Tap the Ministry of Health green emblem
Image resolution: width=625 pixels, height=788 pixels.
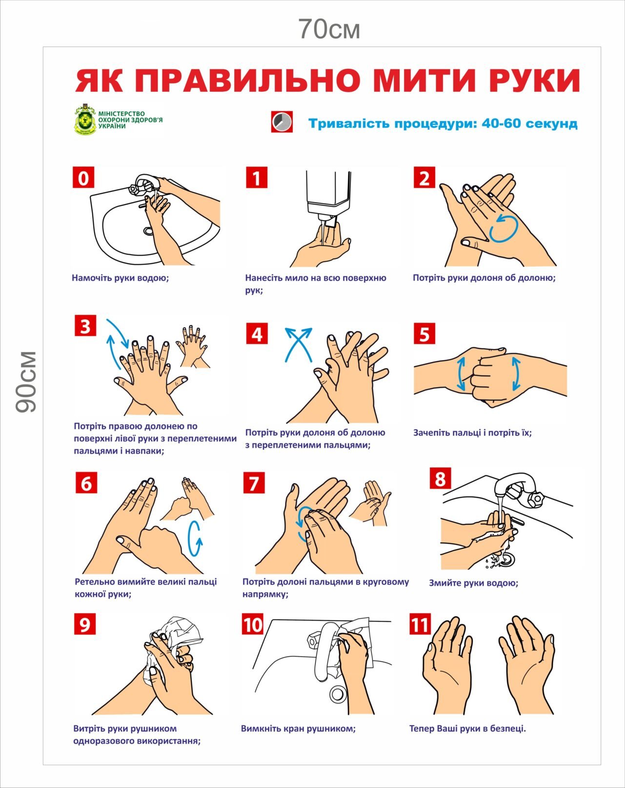tap(86, 119)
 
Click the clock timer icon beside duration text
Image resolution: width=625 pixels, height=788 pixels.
tap(282, 122)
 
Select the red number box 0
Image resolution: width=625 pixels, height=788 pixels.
tap(83, 178)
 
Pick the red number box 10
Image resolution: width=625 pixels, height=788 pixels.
tap(253, 624)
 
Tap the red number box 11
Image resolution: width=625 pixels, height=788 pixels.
tap(420, 624)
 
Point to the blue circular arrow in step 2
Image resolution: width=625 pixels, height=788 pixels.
tap(504, 229)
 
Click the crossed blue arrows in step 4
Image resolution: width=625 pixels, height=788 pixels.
tap(299, 344)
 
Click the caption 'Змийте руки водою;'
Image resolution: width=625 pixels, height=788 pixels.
tap(473, 583)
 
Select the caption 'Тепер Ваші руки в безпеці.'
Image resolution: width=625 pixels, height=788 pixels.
tap(467, 728)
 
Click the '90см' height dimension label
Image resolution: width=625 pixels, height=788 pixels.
tap(26, 382)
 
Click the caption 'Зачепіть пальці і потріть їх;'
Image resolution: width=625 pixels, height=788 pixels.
tap(472, 433)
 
